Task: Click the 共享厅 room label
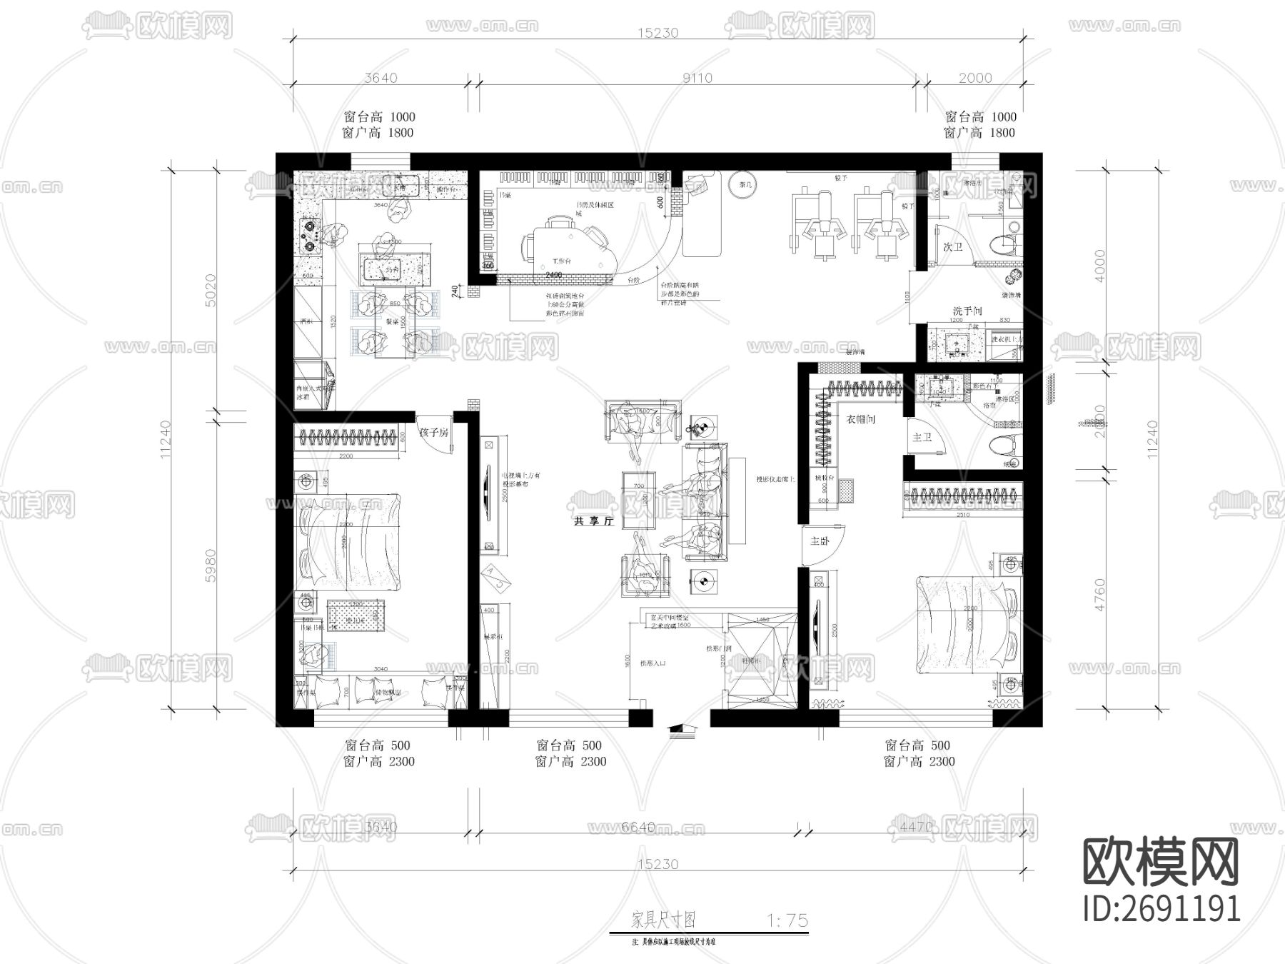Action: (x=593, y=522)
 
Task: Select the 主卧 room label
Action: (x=820, y=541)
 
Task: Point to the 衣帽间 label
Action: (x=860, y=420)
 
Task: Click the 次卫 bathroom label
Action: (x=952, y=247)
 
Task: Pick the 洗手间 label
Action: (x=967, y=311)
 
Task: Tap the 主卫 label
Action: (x=922, y=437)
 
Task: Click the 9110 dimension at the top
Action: (x=697, y=78)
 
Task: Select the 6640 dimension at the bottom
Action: (x=638, y=827)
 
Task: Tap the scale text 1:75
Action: (x=787, y=920)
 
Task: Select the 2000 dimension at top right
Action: (x=974, y=78)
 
